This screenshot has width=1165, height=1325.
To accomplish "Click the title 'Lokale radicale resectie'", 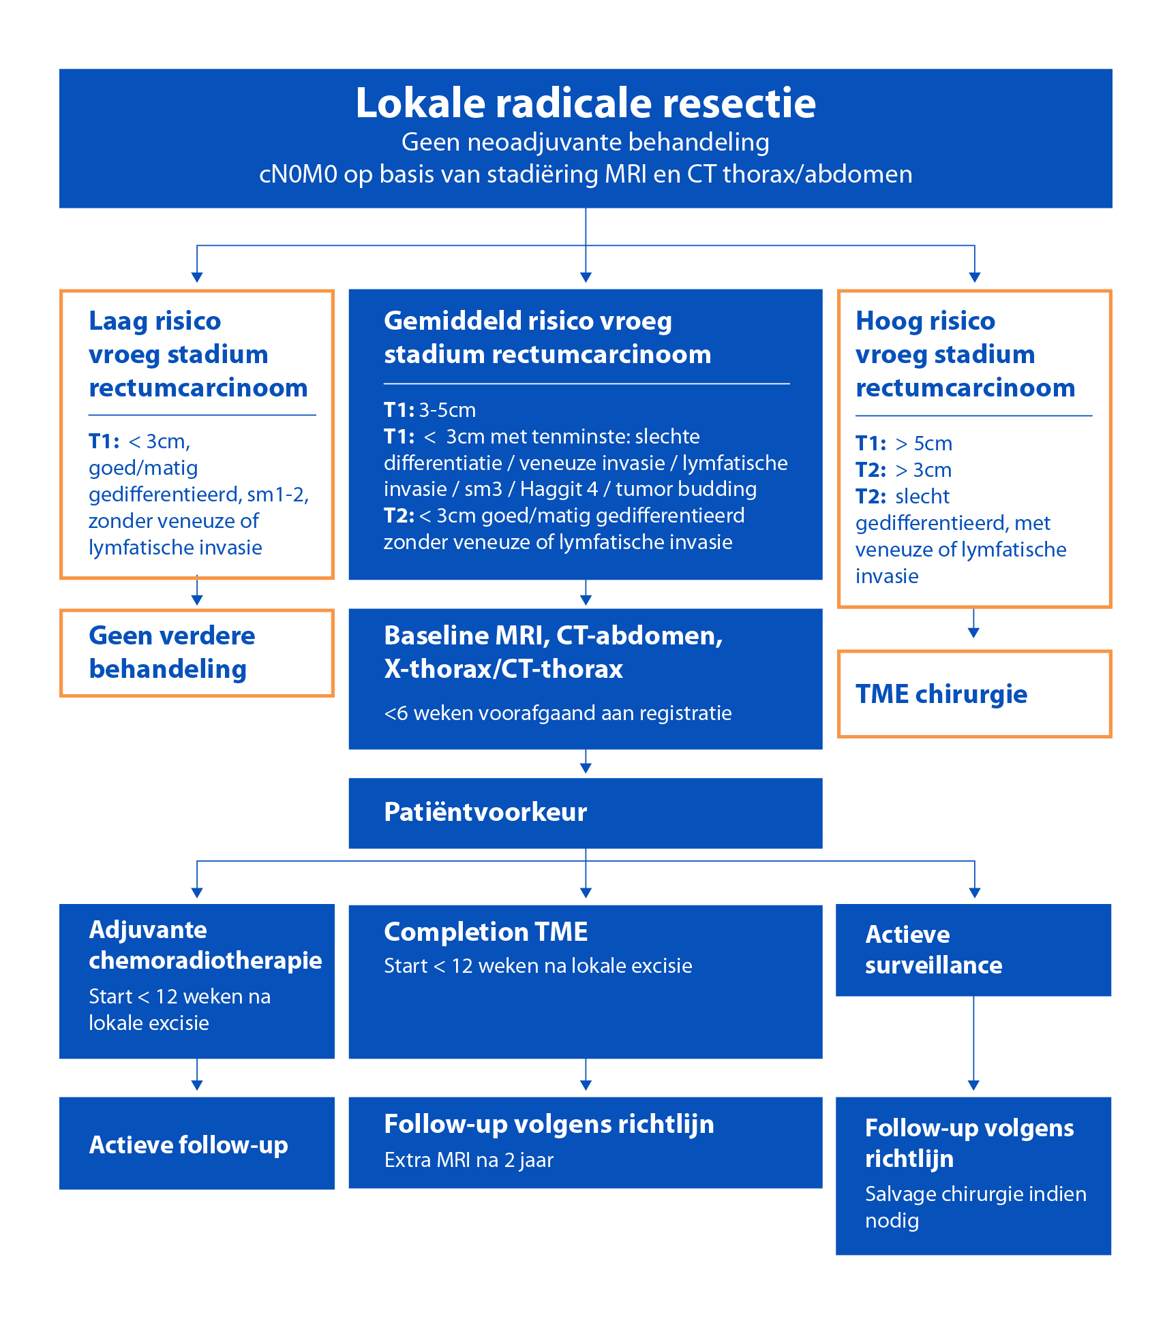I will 586,104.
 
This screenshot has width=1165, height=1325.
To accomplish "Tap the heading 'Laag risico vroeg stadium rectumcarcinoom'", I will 198,354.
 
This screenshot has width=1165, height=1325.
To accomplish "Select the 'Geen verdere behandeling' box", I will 197,653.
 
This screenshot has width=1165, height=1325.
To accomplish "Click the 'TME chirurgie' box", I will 973,694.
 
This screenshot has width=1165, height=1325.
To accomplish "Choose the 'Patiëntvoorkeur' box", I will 585,813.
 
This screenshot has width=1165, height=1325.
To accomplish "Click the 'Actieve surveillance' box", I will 973,950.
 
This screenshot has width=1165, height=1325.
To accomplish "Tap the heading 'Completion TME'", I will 485,932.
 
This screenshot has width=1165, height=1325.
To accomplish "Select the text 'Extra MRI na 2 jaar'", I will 468,1160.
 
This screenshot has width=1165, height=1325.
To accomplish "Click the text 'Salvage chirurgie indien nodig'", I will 975,1207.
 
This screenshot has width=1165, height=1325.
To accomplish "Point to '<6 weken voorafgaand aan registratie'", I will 557,713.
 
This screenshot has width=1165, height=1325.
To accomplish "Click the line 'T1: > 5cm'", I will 903,443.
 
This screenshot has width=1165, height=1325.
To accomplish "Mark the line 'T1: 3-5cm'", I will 429,410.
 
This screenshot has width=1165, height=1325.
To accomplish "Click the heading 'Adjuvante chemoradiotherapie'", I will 205,945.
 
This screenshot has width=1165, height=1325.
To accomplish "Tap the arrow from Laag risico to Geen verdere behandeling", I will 197,592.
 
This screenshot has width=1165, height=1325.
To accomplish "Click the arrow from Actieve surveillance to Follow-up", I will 973,1042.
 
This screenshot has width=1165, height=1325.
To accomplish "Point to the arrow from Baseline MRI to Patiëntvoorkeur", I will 586,762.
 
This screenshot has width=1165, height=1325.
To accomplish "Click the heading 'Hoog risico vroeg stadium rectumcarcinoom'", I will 965,354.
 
